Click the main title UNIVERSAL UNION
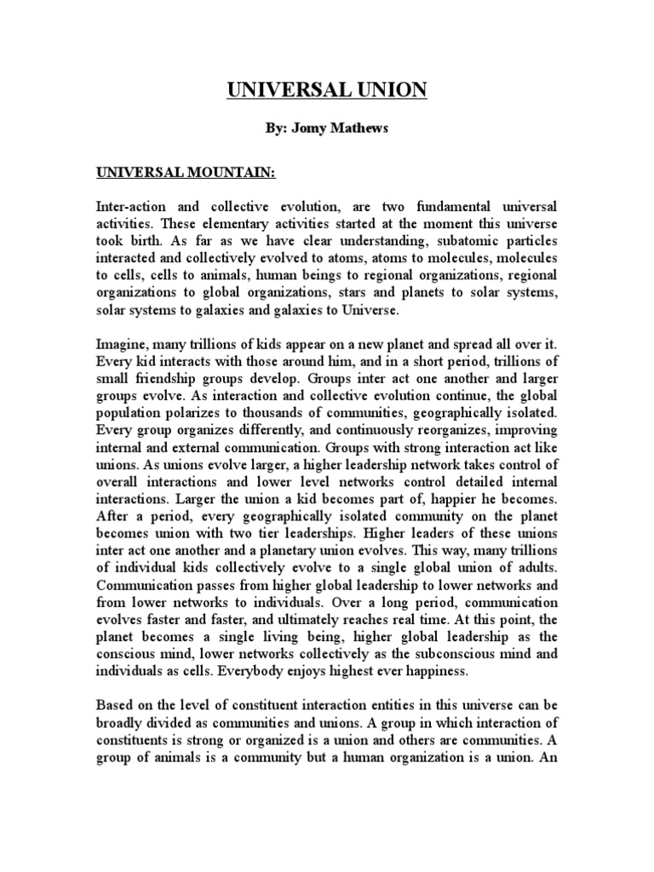click(x=327, y=89)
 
